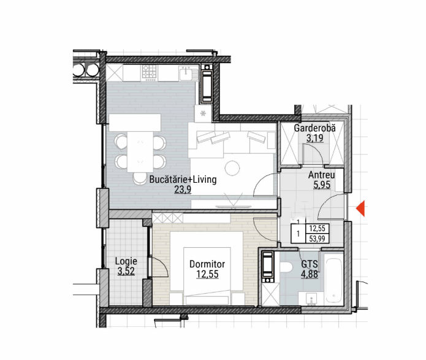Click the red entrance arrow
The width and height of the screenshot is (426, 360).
tap(360, 209)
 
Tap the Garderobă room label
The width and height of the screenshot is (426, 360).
tap(314, 128)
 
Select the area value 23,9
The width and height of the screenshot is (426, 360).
tap(183, 189)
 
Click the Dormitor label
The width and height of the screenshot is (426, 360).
tap(207, 264)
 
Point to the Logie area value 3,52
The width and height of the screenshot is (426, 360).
tap(126, 271)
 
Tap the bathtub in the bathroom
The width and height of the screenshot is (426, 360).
tap(333, 281)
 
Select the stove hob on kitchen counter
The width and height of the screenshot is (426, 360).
tap(149, 72)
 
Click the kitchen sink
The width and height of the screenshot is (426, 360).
tap(187, 73)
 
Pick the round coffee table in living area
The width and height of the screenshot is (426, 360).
tap(232, 168)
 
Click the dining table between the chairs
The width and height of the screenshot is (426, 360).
tap(140, 151)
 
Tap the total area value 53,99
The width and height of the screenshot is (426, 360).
tap(318, 239)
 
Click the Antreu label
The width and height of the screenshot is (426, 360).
tap(321, 175)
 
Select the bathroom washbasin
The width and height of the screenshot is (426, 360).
tap(311, 299)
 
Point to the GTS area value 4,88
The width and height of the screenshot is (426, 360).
tap(309, 274)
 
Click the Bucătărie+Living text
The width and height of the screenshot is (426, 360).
tap(183, 180)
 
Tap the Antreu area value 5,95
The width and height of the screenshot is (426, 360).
tap(322, 185)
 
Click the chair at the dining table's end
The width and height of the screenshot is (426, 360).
tap(140, 178)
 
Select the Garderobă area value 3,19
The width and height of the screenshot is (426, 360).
tap(315, 138)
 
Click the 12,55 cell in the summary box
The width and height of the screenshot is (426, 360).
tap(318, 228)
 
